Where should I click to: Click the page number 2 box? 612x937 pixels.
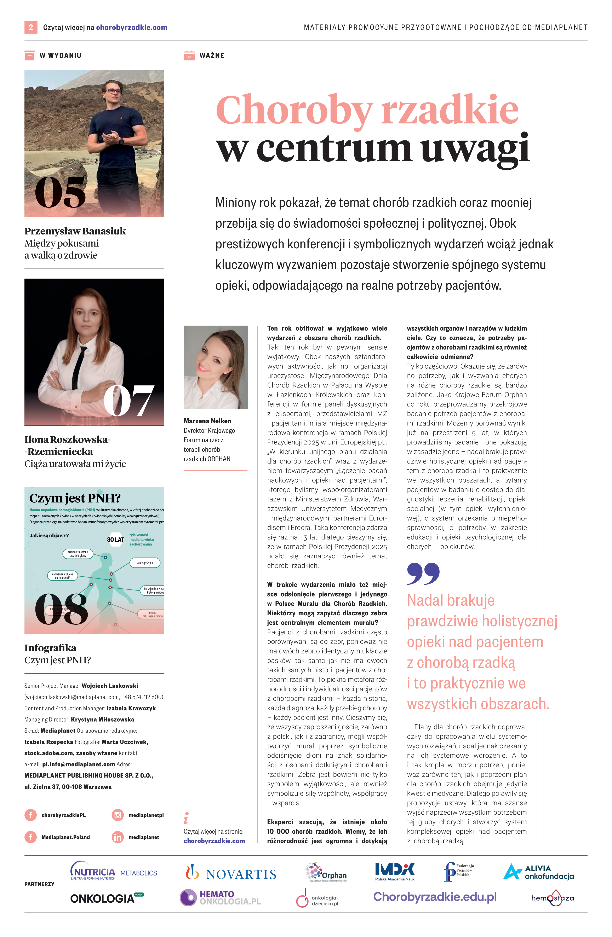coord(31,27)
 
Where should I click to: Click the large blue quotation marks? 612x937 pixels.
coord(423,574)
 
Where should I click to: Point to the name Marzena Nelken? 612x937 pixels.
coord(207,421)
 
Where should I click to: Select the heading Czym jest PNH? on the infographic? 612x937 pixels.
coord(75,498)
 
